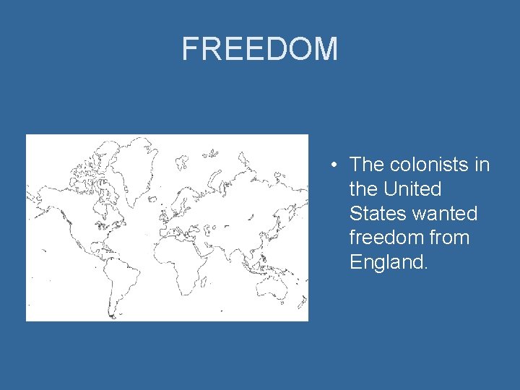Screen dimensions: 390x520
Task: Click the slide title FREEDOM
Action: pyautogui.click(x=259, y=49)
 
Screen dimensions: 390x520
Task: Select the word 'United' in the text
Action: pyautogui.click(x=412, y=189)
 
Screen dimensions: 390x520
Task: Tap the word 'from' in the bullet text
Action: pyautogui.click(x=448, y=238)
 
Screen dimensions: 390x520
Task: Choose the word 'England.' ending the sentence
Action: pyautogui.click(x=389, y=262)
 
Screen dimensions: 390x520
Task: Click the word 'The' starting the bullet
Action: pyautogui.click(x=367, y=165)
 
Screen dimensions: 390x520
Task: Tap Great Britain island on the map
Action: pyautogui.click(x=165, y=189)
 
